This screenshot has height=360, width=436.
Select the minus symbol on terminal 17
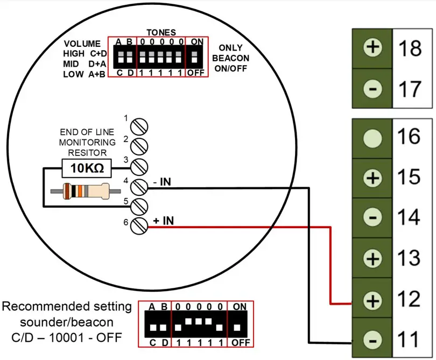tap(372, 88)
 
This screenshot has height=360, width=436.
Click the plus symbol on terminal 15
tap(372, 178)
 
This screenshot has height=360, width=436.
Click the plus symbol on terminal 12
tap(372, 299)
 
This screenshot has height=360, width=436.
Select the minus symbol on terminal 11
tap(372, 340)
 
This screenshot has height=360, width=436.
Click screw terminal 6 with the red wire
tap(140, 225)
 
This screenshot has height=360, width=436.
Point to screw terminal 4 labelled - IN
tap(140, 186)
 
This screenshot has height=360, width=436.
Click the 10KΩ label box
tap(87, 169)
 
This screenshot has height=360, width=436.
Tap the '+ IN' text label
tap(163, 220)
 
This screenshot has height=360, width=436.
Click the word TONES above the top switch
tap(161, 32)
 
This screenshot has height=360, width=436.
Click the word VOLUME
tap(82, 44)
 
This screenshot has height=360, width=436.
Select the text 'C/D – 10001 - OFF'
tap(67, 337)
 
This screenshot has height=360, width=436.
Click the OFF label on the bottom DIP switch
tap(238, 343)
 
